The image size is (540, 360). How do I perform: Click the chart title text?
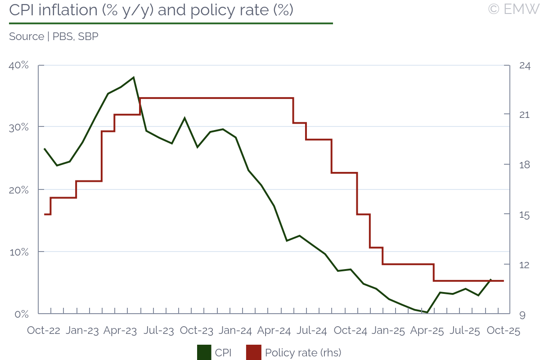(x=151, y=10)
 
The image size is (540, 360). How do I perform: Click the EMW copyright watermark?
(x=513, y=9)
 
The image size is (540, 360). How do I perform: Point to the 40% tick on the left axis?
(x=19, y=66)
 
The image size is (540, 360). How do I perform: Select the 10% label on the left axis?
(x=19, y=252)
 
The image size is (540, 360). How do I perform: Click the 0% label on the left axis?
(x=21, y=314)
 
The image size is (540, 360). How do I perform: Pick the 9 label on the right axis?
(x=522, y=315)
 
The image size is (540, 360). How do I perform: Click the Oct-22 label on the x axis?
(x=44, y=331)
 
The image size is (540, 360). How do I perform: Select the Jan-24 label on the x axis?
(x=235, y=331)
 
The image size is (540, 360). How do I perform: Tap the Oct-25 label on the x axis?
(x=504, y=331)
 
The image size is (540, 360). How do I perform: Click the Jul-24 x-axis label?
(x=312, y=331)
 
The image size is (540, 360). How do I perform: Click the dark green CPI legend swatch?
(x=204, y=352)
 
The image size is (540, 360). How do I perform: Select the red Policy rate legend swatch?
(x=254, y=352)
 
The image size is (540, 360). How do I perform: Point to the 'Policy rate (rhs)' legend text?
(x=303, y=352)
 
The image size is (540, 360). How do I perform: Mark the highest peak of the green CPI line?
(x=134, y=77)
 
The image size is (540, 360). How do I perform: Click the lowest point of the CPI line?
(x=427, y=312)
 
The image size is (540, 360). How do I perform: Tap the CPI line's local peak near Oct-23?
(x=184, y=118)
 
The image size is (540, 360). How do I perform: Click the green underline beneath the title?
(x=171, y=23)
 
